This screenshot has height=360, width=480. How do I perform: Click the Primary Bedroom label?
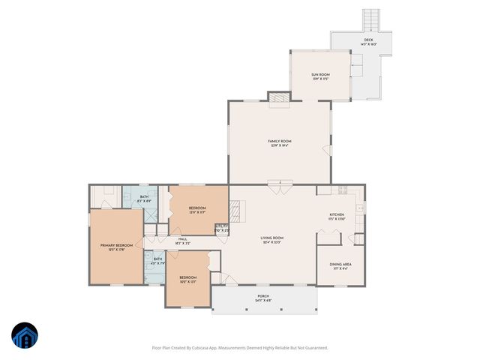coord(117,247)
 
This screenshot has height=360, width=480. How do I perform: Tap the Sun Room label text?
coord(320,76)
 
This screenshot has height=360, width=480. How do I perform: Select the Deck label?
coord(368,42)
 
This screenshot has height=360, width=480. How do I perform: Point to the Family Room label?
coord(280,142)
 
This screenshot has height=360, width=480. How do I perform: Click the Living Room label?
coord(271,241)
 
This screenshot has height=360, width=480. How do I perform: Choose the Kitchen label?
coord(337,216)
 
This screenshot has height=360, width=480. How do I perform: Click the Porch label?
coord(263,296)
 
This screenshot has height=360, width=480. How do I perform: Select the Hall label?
coord(182,241)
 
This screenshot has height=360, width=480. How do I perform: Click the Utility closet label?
coord(222,228)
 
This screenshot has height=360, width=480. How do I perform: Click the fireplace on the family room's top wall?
coord(278,97)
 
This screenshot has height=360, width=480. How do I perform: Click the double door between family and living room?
coord(278,185)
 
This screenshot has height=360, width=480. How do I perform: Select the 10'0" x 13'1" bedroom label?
coord(187,280)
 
